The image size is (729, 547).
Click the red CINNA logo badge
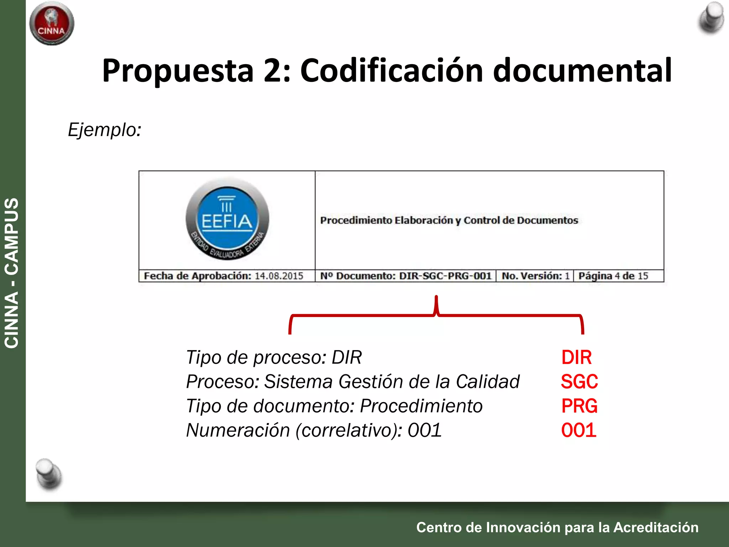pos(52,24)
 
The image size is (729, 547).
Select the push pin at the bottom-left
pos(49,474)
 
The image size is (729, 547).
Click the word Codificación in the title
pos(392,71)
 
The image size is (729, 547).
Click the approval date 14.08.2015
pos(279,276)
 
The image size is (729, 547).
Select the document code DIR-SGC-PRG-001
pos(445,276)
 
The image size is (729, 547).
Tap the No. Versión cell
pos(535,276)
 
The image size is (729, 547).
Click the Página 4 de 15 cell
pos(613,276)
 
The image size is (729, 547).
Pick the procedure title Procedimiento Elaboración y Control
pos(449,220)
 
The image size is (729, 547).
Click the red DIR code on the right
pos(576,357)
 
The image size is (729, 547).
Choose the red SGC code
pos(579,381)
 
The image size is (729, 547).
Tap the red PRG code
pos(579,406)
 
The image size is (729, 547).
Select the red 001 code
pos(579,430)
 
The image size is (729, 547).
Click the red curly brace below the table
pos(436,315)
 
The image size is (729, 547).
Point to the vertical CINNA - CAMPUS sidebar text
pos(11,273)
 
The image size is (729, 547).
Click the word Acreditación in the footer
pos(656,527)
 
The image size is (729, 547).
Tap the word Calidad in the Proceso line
pos(487,382)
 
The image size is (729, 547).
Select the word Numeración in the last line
pos(238,430)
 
